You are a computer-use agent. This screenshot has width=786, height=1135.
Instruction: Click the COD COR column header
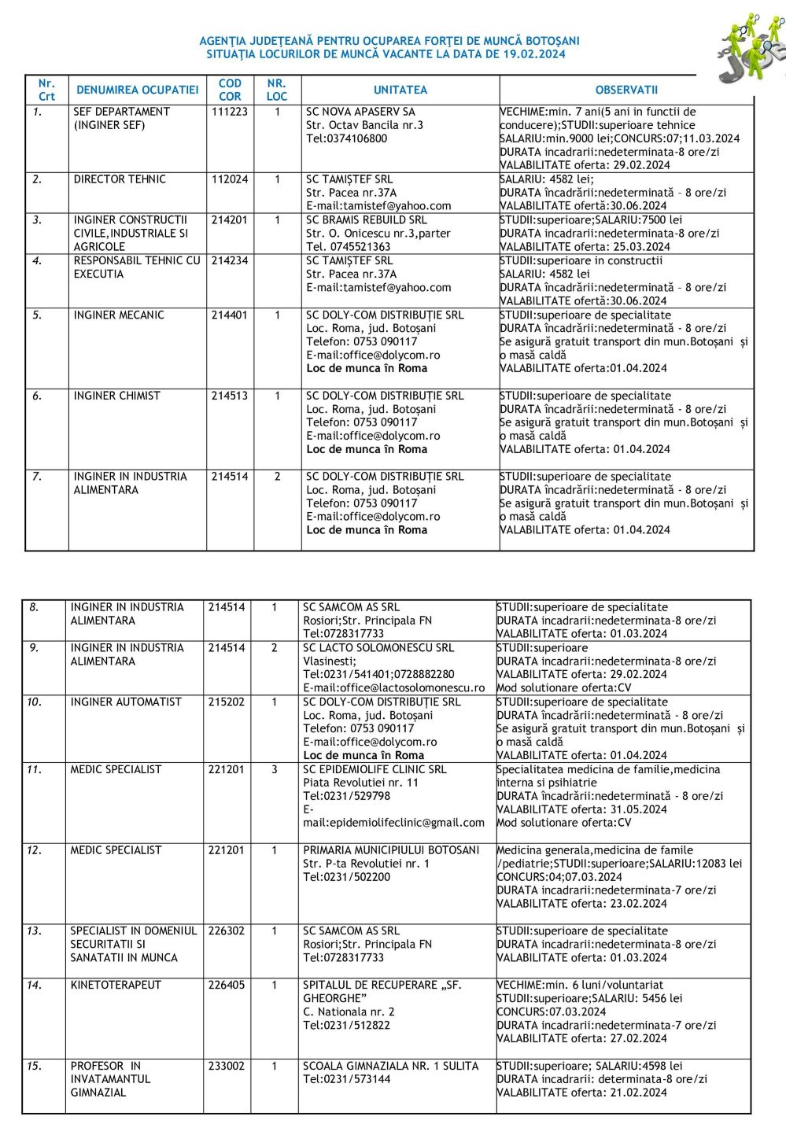[x=230, y=90]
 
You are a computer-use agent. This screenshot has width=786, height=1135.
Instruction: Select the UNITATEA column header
[x=400, y=90]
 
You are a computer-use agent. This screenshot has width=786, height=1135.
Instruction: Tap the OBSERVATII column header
[x=626, y=90]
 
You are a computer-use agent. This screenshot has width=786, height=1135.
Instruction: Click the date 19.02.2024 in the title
[x=534, y=54]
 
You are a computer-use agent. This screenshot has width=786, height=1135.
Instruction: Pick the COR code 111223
[x=230, y=112]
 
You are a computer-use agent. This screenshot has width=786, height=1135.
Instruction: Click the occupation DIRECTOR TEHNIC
[x=120, y=179]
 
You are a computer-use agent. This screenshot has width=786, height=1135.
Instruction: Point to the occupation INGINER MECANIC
[x=119, y=315]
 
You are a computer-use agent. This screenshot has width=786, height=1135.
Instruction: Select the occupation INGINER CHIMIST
[x=116, y=396]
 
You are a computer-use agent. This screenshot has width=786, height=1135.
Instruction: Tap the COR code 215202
[x=227, y=702]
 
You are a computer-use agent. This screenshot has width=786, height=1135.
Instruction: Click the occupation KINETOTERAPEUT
[x=116, y=985]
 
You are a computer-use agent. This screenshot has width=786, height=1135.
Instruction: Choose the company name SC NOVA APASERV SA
[x=360, y=112]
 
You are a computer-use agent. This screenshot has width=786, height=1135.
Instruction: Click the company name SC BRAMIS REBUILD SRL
[x=367, y=219]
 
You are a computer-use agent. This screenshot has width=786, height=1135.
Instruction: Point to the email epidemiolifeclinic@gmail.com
[x=394, y=822]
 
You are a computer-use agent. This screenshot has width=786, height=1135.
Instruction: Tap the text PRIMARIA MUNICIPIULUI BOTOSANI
[x=391, y=849]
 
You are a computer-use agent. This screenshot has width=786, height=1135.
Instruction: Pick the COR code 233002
[x=227, y=1066]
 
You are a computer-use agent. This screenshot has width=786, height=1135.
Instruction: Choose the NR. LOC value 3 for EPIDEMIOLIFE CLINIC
[x=275, y=769]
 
